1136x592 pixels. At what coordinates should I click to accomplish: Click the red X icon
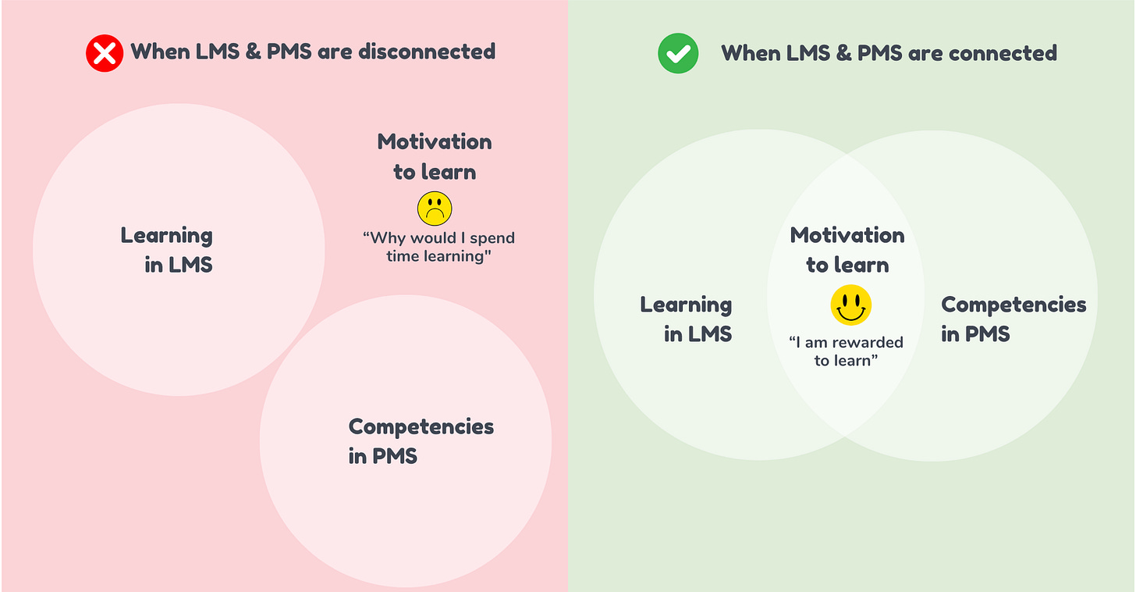(x=105, y=54)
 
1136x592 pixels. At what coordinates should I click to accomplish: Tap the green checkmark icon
(x=676, y=54)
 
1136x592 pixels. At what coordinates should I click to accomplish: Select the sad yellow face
(x=435, y=209)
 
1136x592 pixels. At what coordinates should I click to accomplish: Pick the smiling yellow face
(x=850, y=305)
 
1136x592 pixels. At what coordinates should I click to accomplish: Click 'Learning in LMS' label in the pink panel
(x=167, y=250)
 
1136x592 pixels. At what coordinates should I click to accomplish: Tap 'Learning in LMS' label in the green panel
(x=687, y=319)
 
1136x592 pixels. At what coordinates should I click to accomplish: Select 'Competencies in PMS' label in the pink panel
(x=421, y=440)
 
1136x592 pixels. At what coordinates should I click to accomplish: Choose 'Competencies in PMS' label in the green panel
(x=1013, y=319)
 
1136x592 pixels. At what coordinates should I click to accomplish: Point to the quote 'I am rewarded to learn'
(x=846, y=351)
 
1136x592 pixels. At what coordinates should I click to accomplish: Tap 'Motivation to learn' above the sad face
(x=435, y=156)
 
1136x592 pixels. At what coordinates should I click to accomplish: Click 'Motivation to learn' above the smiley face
(x=847, y=250)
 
